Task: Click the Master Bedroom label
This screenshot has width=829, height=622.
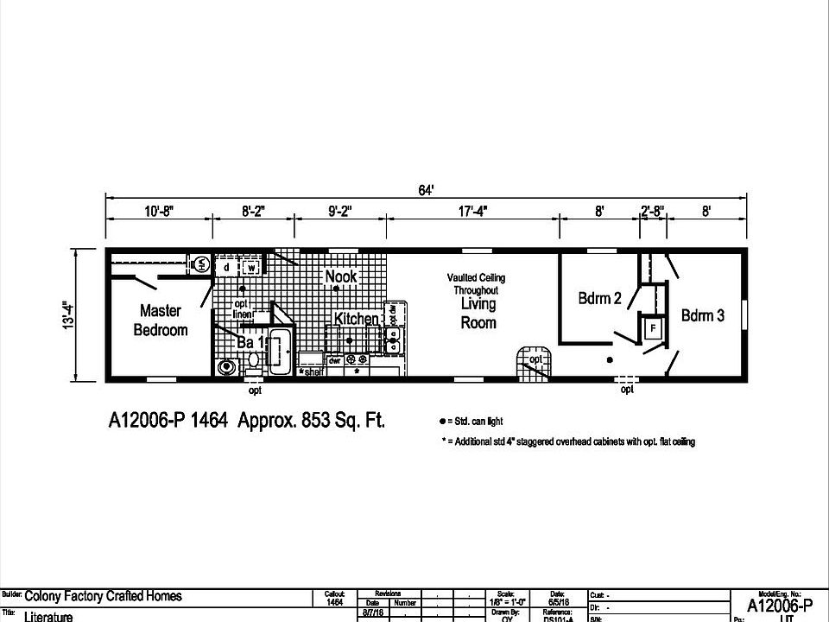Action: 160,320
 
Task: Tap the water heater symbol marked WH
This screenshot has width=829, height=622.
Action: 199,263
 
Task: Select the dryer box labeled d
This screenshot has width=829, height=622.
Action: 226,267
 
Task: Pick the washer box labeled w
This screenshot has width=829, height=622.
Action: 250,267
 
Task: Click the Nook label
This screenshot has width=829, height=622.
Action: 340,276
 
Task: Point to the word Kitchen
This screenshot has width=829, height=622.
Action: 356,319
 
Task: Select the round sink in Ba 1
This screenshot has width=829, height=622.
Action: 227,367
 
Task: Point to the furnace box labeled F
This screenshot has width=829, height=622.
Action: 653,329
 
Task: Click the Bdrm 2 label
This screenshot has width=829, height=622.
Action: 599,299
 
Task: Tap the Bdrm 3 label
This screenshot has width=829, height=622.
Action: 702,315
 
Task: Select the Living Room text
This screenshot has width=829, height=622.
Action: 478,313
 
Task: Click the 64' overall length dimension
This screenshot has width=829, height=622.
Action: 425,190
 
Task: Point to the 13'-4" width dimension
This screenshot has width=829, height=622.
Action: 66,314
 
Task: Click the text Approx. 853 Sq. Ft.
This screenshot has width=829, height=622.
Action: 311,421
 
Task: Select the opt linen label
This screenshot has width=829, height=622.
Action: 242,309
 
